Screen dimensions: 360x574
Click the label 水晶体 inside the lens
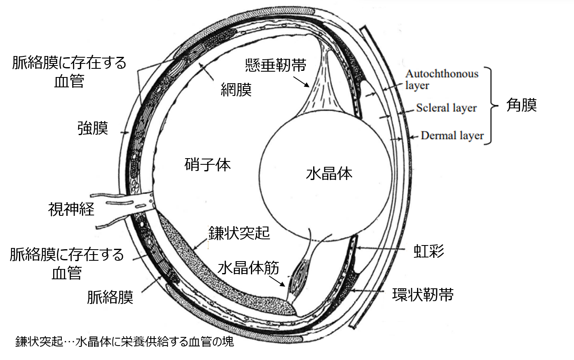point(329,174)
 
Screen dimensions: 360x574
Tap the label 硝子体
point(207,165)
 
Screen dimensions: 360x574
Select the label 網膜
point(236,89)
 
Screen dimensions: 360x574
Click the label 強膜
point(93,128)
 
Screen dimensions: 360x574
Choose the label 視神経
point(71,209)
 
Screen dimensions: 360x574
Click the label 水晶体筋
point(248,268)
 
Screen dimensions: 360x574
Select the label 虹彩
point(429,251)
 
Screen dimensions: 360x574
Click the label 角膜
point(521,105)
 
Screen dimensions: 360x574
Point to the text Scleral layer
point(446,108)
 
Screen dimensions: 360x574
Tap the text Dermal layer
point(452,136)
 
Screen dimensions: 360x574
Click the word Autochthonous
point(442,74)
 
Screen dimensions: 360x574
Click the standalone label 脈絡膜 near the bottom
point(110,297)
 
